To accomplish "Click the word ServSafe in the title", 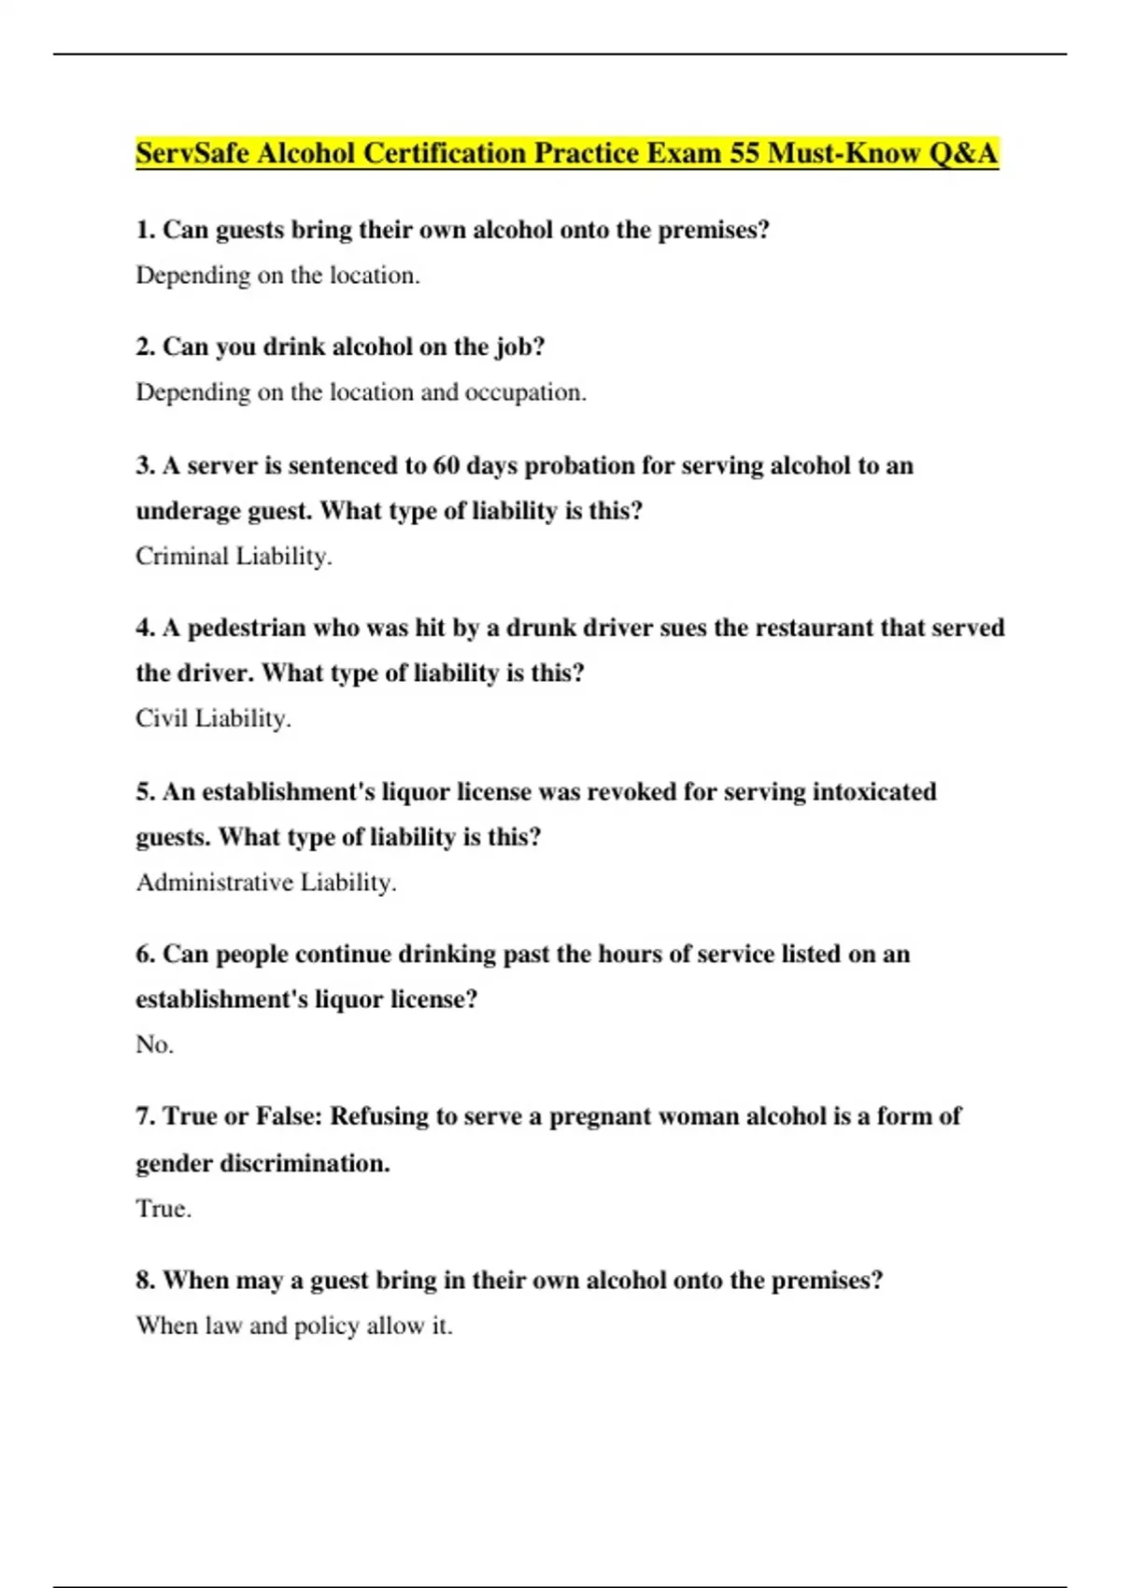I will point(192,153).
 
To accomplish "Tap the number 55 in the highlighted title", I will point(745,153).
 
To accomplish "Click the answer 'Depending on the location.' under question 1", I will point(277,276).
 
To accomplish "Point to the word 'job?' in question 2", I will point(519,347).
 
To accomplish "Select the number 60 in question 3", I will point(447,465).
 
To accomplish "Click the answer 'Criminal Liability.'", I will point(234,557).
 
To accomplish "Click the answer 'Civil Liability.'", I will point(213,718).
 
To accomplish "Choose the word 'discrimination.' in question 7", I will point(305,1164).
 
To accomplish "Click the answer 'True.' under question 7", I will point(163,1209).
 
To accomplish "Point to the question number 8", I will point(145,1280).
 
